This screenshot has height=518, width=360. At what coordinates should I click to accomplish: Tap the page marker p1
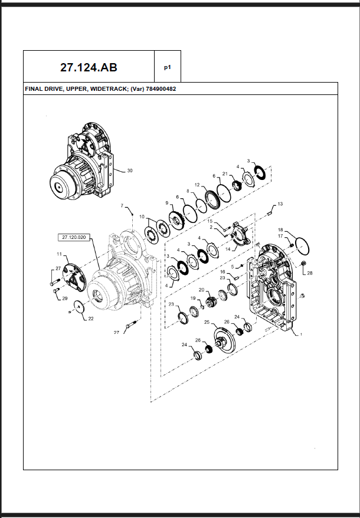(x=168, y=67)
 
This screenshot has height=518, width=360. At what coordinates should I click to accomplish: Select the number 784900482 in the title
(x=160, y=90)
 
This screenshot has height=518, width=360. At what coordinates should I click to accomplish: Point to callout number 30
(x=130, y=171)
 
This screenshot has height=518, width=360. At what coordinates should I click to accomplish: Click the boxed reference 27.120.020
(x=74, y=237)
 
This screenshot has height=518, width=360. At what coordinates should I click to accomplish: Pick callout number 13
(x=280, y=204)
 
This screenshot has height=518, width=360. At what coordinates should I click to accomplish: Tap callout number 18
(x=280, y=230)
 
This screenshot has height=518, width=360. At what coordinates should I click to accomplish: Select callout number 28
(x=310, y=273)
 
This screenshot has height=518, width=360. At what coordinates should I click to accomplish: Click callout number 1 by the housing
(x=301, y=334)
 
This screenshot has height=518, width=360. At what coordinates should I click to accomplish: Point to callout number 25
(x=207, y=322)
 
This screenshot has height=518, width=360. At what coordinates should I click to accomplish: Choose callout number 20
(x=201, y=290)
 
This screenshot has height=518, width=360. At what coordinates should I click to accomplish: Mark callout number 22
(x=90, y=319)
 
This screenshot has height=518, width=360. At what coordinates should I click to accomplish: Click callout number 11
(x=59, y=254)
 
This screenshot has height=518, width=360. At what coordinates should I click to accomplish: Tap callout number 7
(x=122, y=206)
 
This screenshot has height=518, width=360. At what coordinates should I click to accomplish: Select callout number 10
(x=142, y=217)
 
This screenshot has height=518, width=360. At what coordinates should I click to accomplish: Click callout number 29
(x=57, y=299)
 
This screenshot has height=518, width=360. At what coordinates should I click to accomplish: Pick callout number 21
(x=225, y=173)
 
